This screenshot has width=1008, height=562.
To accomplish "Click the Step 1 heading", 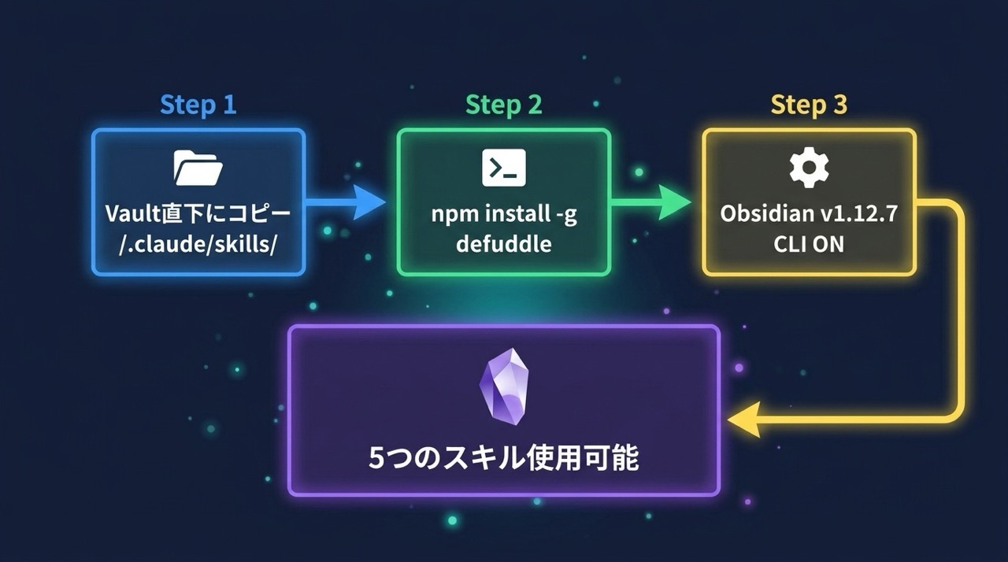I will [198, 105].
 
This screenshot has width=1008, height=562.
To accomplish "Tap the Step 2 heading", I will [503, 105].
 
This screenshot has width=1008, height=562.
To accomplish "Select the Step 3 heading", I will [809, 105].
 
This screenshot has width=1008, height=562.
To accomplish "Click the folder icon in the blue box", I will [198, 168].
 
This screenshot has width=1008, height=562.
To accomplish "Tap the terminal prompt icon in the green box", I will [503, 168].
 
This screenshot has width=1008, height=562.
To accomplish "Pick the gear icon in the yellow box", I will [809, 168].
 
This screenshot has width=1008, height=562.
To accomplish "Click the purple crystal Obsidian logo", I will [503, 387].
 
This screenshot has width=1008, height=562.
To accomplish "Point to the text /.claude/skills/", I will [198, 243].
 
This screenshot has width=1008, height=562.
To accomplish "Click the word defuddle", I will [503, 243].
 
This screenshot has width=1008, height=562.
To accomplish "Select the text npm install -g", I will [503, 215].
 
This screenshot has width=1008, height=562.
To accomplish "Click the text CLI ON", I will [809, 243].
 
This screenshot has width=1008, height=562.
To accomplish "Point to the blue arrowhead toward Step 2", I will [367, 202].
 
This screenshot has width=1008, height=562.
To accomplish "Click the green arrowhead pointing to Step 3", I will [673, 202].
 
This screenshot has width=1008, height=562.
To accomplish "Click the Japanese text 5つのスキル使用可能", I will [503, 458].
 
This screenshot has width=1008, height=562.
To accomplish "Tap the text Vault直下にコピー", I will [198, 215].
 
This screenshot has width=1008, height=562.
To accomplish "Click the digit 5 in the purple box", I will [378, 458].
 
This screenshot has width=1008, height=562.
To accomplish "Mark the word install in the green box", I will [513, 215].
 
